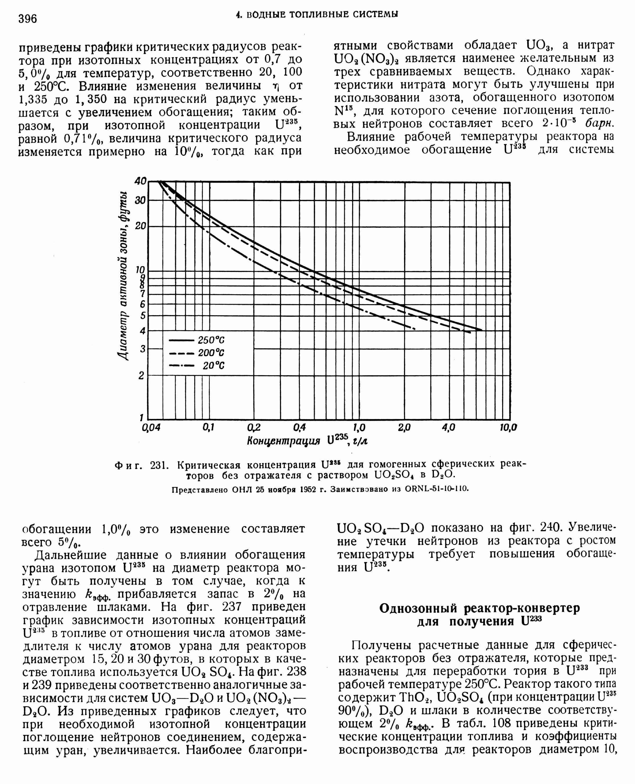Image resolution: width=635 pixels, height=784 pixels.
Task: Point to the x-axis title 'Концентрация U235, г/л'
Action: tap(307, 440)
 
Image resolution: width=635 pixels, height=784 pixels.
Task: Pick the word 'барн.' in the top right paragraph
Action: tap(599, 124)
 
